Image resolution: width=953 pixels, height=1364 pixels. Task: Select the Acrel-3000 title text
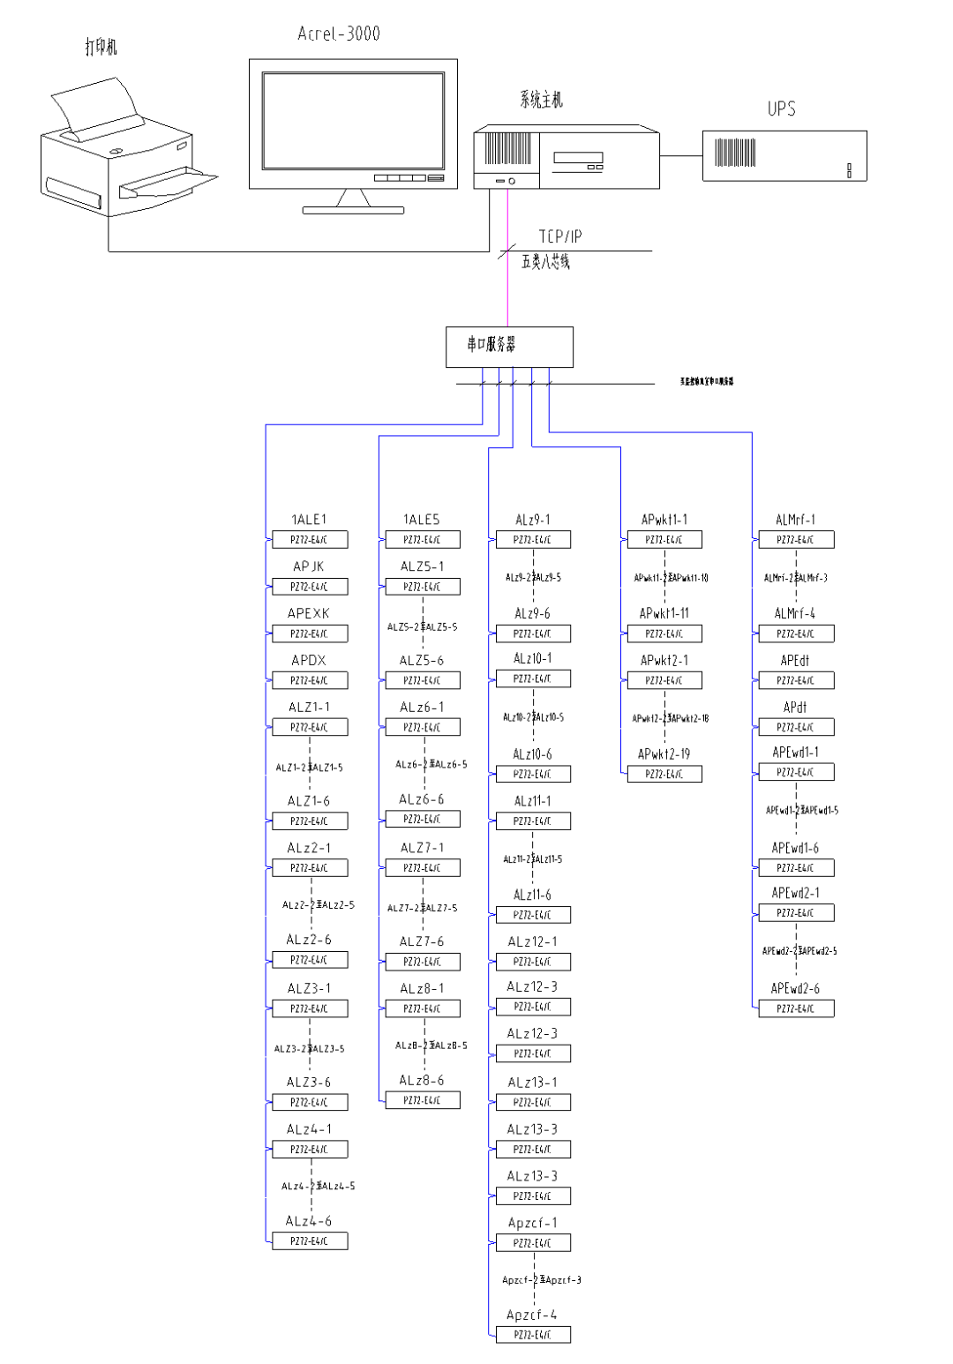pos(339,34)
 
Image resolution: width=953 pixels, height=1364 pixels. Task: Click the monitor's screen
pos(352,121)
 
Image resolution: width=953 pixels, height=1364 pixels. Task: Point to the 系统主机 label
pos(541,101)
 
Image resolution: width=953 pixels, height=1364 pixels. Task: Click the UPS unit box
pos(784,156)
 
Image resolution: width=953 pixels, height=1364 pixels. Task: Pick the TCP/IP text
pos(560,236)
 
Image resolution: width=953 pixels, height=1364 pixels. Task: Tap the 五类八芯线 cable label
pos(545,262)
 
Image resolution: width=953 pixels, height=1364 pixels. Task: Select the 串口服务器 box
pos(509,347)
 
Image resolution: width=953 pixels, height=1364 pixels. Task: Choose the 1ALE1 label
pos(309,520)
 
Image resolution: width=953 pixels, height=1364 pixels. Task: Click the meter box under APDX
pos(309,680)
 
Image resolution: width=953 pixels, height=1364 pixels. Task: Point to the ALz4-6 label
pos(309,1221)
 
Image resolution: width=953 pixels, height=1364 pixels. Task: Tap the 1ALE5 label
pos(421,520)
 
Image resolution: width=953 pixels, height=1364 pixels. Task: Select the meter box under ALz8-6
pos(422,1100)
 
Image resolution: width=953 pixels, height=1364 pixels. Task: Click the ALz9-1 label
pos(532,520)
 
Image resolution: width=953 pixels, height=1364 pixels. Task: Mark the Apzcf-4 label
pos(532,1315)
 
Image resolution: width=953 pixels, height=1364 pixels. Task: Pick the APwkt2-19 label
pos(664,754)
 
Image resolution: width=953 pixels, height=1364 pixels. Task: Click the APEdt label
pos(795,660)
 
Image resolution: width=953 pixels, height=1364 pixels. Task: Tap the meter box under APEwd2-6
pos(796,1008)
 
